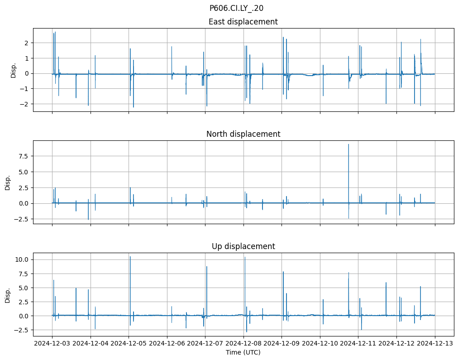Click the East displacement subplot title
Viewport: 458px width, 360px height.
[x=243, y=22]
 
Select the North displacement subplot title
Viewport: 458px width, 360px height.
[x=243, y=134]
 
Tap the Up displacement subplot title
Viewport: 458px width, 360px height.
[x=243, y=246]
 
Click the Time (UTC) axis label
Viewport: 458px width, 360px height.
[x=243, y=352]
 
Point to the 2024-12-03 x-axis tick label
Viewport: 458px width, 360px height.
[x=52, y=343]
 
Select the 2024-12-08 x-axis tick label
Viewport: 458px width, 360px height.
[x=243, y=343]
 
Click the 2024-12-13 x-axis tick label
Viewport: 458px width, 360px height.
[x=435, y=343]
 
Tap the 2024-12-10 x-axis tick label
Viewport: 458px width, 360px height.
[x=320, y=343]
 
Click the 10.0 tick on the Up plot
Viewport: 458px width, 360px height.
[x=23, y=259]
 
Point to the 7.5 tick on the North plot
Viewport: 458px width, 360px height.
[x=23, y=156]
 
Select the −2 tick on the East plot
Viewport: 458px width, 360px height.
[x=24, y=104]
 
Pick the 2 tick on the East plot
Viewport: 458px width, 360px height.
[x=27, y=43]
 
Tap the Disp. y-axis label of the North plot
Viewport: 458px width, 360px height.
[x=8, y=182]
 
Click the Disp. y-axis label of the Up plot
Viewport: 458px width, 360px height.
[x=8, y=294]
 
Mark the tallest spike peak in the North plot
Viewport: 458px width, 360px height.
[x=348, y=144]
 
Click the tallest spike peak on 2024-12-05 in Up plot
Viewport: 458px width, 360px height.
[x=130, y=257]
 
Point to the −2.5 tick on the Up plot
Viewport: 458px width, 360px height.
[x=22, y=330]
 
